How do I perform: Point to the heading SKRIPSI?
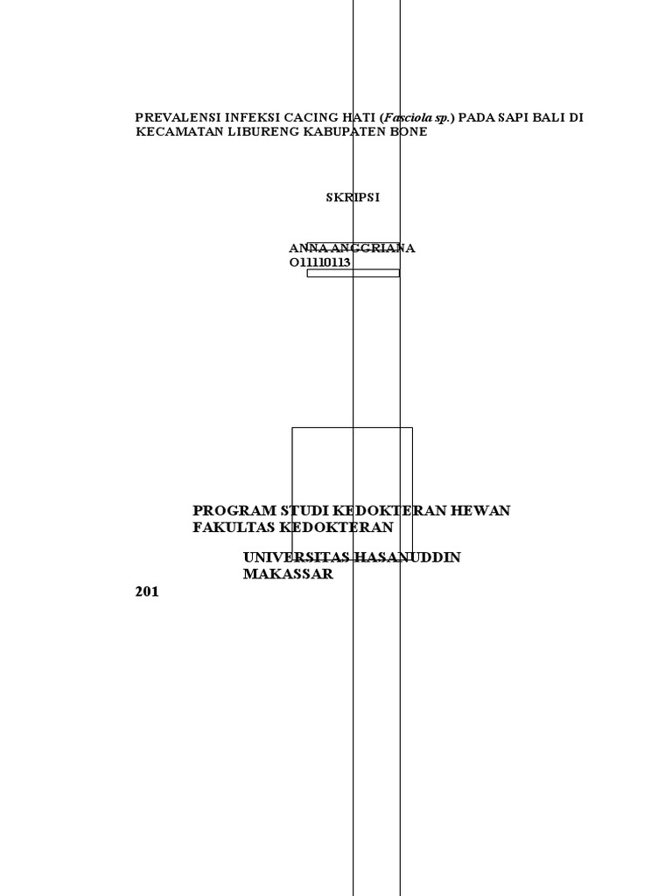click(353, 198)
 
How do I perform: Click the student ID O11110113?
click(319, 262)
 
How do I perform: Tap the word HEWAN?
click(479, 510)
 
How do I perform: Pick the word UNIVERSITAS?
click(297, 557)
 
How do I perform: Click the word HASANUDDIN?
click(409, 557)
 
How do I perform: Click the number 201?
click(148, 591)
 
